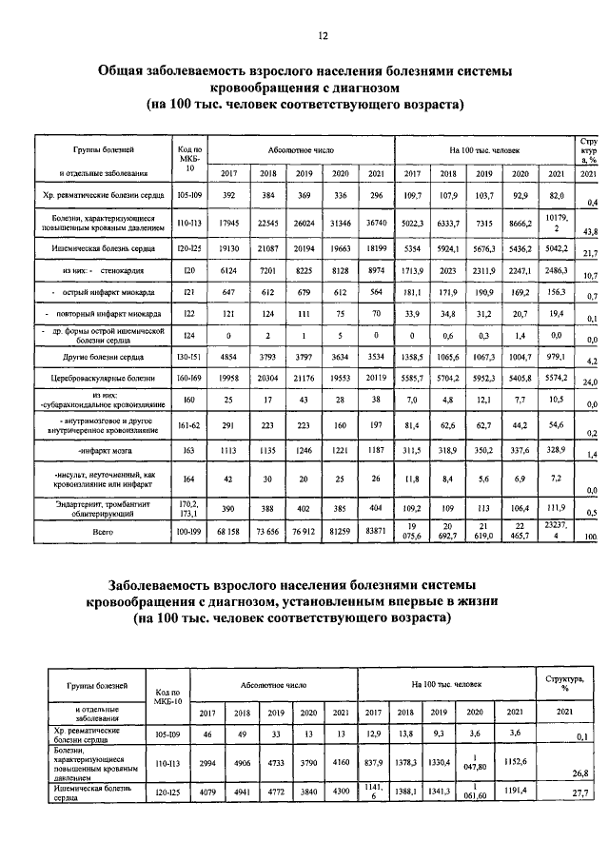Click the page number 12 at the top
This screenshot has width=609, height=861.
point(323,35)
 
